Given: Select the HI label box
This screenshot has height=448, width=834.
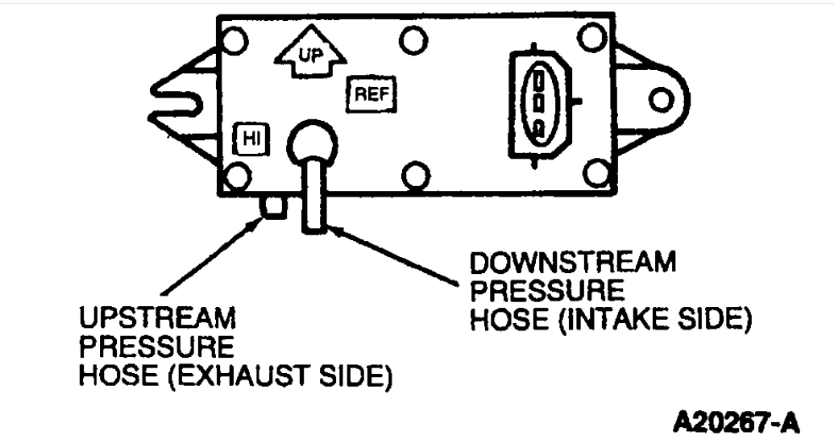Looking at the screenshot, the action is pyautogui.click(x=248, y=139).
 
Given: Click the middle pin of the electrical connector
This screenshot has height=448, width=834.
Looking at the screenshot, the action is pyautogui.click(x=539, y=103).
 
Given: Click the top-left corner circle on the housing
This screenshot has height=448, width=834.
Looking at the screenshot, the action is pyautogui.click(x=234, y=39).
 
